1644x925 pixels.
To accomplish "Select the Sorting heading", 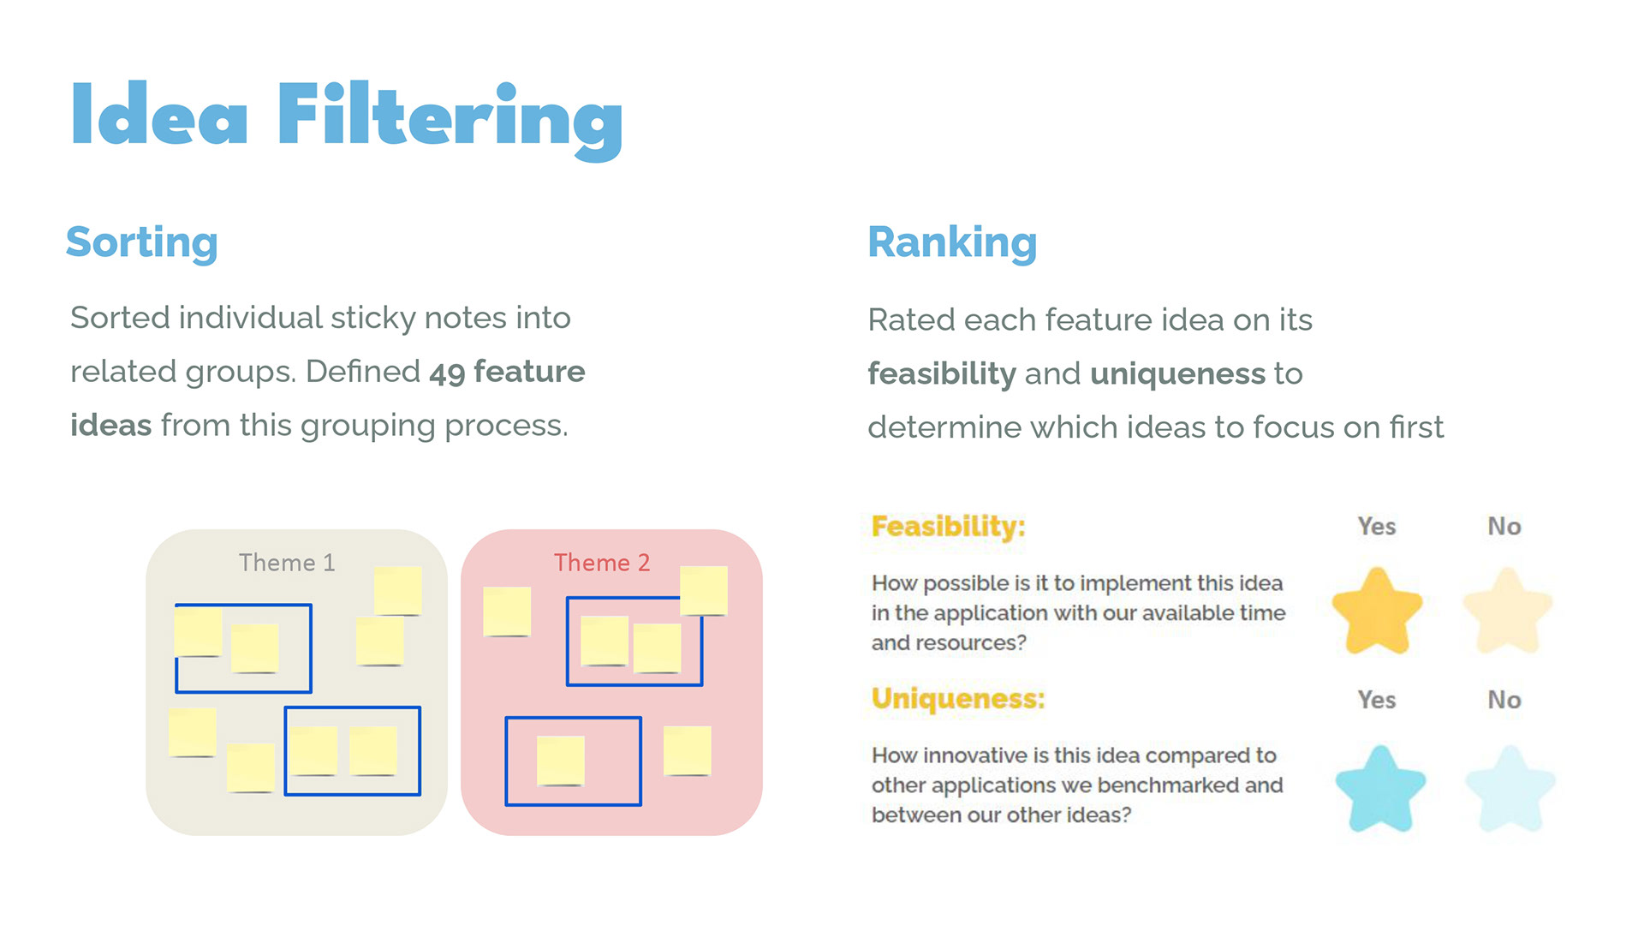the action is click(142, 242).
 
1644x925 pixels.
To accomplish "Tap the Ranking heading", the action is click(952, 242).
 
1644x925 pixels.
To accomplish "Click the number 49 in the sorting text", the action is click(446, 373).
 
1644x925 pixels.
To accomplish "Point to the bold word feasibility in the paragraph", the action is click(941, 374).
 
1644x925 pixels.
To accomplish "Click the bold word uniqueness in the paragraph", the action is click(1177, 374).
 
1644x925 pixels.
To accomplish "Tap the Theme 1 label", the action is click(287, 563).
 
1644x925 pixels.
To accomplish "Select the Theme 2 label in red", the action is click(602, 563).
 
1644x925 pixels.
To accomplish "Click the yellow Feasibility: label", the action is click(948, 526).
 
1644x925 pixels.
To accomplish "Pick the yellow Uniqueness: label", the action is click(958, 699).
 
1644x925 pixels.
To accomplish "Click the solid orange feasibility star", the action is click(1377, 612).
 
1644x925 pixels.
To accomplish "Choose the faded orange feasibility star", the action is click(1507, 612).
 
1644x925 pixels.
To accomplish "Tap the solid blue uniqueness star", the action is click(1380, 789).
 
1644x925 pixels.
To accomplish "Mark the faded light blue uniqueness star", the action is click(1510, 789).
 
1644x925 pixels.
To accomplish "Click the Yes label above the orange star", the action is click(1376, 527).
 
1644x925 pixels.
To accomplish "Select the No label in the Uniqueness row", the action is click(1504, 700).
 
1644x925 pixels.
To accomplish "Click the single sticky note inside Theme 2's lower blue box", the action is click(561, 761).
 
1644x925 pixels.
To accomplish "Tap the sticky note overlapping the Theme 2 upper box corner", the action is click(704, 590).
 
